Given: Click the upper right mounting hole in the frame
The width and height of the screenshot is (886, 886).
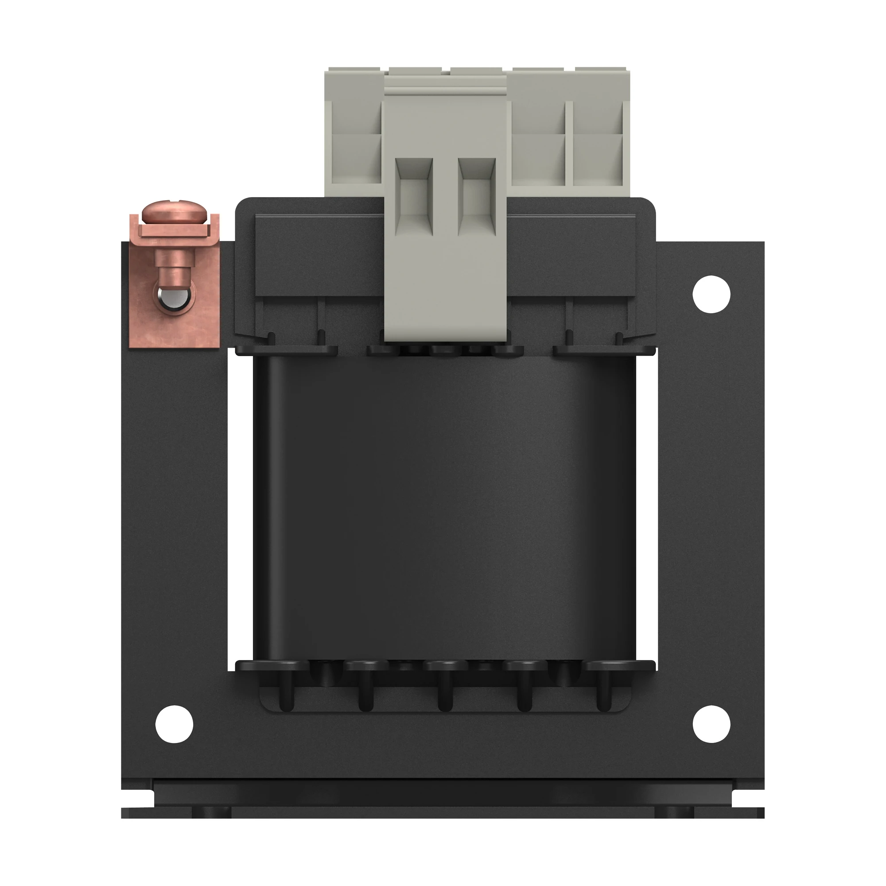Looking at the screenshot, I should [711, 294].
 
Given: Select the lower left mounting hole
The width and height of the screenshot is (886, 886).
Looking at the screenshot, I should [174, 724].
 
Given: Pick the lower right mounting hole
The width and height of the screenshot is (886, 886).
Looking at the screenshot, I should [711, 724].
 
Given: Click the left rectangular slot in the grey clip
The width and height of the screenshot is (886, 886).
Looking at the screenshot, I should [414, 195].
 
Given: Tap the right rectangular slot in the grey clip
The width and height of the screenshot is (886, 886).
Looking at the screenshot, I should [477, 195].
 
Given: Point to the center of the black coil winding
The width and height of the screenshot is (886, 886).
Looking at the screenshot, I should [444, 509].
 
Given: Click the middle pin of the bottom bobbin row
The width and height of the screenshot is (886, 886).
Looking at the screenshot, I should [445, 695].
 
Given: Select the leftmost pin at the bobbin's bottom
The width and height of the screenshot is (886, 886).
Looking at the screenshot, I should [286, 695].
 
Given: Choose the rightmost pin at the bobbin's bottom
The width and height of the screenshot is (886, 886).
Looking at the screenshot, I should [604, 695].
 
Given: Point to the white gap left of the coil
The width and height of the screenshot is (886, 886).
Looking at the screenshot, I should [240, 509].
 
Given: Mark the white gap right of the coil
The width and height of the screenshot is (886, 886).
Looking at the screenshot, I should [647, 509].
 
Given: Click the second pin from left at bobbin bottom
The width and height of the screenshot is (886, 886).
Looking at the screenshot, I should [365, 695].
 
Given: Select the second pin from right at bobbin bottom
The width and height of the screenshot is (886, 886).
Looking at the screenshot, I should [524, 695].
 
